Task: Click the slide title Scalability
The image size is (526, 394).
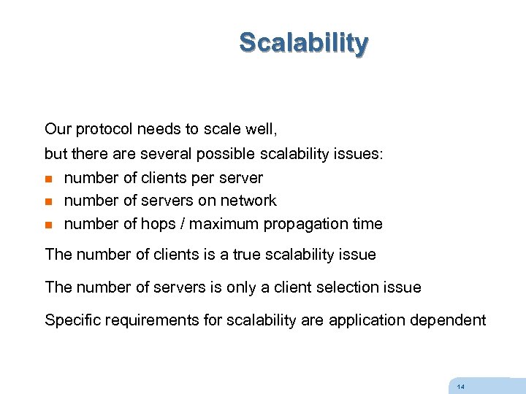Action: (304, 42)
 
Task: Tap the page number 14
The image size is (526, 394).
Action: (460, 387)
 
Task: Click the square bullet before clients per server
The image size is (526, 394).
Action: (49, 179)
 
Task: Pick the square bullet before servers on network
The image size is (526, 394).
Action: (49, 201)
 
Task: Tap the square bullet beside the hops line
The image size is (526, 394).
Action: (49, 225)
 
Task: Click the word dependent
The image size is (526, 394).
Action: (452, 320)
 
